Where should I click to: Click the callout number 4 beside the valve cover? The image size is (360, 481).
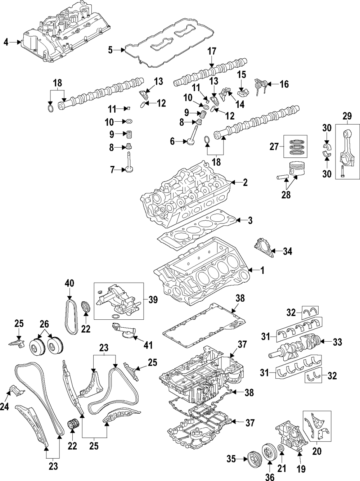pos(6,42)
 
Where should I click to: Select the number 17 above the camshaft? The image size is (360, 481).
pos(212,51)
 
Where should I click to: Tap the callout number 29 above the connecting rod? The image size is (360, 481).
pos(347,116)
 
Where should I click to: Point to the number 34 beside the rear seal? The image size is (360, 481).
pos(287,251)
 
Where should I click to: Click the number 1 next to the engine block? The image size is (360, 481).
pos(262,270)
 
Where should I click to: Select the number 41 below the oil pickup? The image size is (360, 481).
pos(148,345)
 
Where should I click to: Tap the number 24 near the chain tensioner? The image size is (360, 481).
pos(4,407)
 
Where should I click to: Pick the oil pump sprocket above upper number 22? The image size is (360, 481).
pos(85,307)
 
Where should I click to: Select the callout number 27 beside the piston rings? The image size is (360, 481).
pos(274,147)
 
